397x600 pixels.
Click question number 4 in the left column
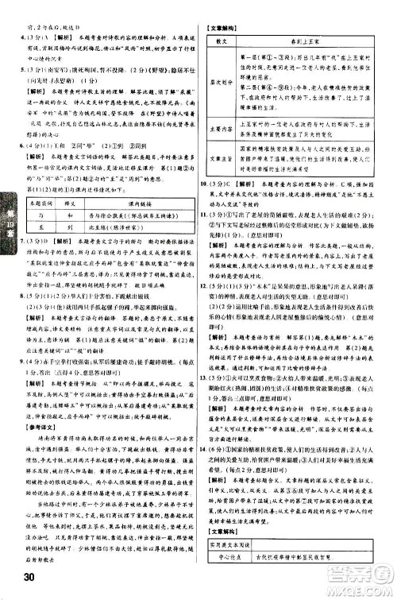13,37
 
